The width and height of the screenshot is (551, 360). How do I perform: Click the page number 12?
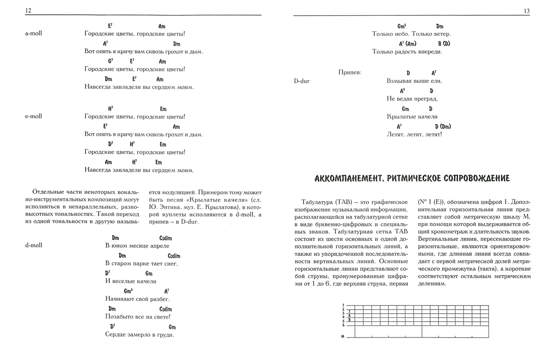click(x=28, y=11)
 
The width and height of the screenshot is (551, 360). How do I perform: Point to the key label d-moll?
click(x=34, y=245)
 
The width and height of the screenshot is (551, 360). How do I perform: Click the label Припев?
click(x=350, y=72)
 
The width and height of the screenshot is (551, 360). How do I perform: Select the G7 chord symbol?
click(x=111, y=61)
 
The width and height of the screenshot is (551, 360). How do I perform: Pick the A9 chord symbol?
click(x=402, y=91)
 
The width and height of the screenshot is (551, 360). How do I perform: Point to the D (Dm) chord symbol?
click(x=443, y=126)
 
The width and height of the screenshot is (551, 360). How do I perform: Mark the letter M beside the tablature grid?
click(x=343, y=337)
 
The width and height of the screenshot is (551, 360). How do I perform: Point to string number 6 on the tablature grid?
click(x=343, y=325)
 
